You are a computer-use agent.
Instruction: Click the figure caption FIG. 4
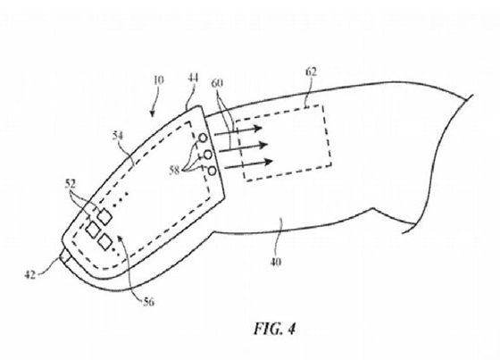tap(275, 329)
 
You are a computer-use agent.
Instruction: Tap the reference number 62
tap(312, 71)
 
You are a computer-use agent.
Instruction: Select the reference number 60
tap(217, 83)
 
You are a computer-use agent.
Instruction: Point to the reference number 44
tap(193, 79)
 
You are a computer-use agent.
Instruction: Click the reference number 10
tap(159, 80)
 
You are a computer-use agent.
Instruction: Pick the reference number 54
tap(118, 136)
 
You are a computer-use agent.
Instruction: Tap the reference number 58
tap(174, 171)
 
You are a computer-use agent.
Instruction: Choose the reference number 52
tap(71, 183)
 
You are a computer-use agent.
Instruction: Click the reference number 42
tap(30, 275)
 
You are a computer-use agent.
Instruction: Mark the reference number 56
tap(148, 302)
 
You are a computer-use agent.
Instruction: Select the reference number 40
tap(276, 262)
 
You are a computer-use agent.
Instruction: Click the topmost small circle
tap(204, 138)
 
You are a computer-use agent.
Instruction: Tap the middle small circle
tap(207, 155)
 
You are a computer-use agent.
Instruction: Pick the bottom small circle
tap(212, 172)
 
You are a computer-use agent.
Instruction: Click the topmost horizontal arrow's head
tap(256, 129)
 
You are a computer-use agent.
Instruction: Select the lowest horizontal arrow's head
tap(267, 162)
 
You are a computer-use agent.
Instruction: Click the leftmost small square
tap(93, 230)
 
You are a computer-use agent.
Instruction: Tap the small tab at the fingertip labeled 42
tap(65, 256)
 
